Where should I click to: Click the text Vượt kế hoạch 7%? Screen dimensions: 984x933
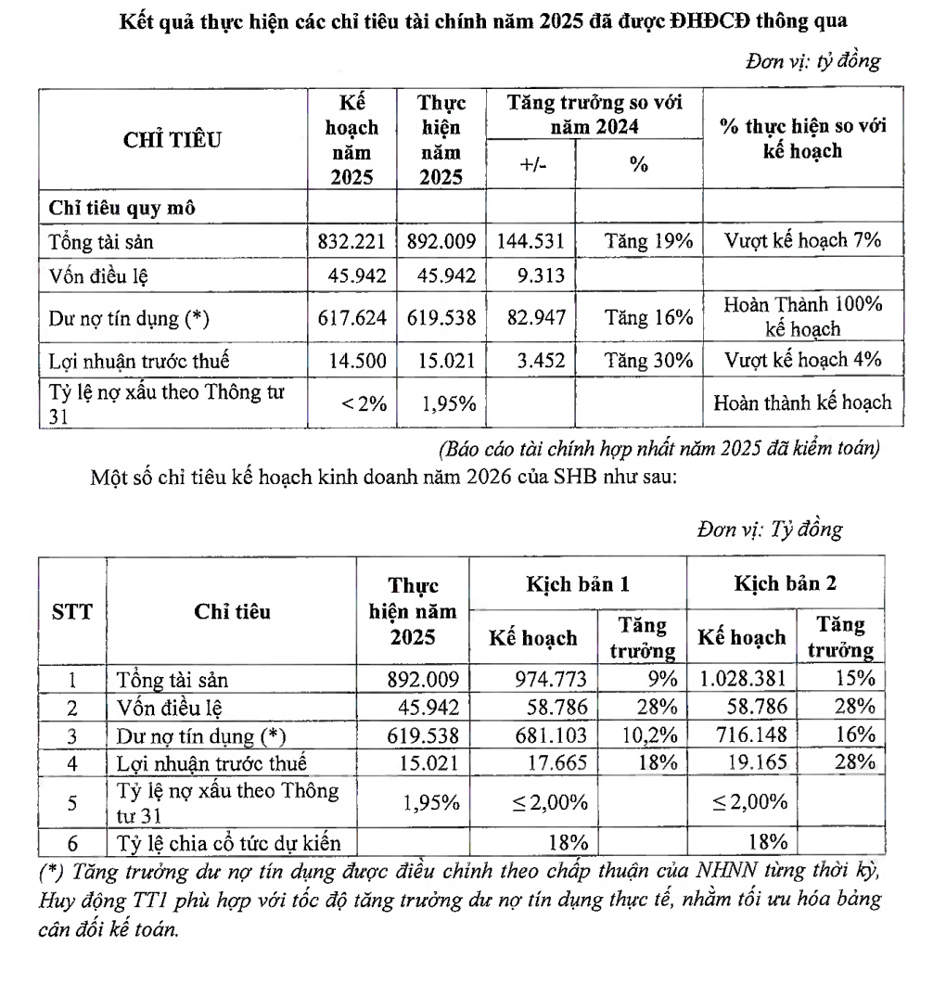tap(802, 242)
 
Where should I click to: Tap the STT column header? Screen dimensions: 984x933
tap(71, 611)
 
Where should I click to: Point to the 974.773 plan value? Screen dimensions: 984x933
tap(552, 679)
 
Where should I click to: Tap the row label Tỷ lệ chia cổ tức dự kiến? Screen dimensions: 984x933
tap(229, 842)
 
